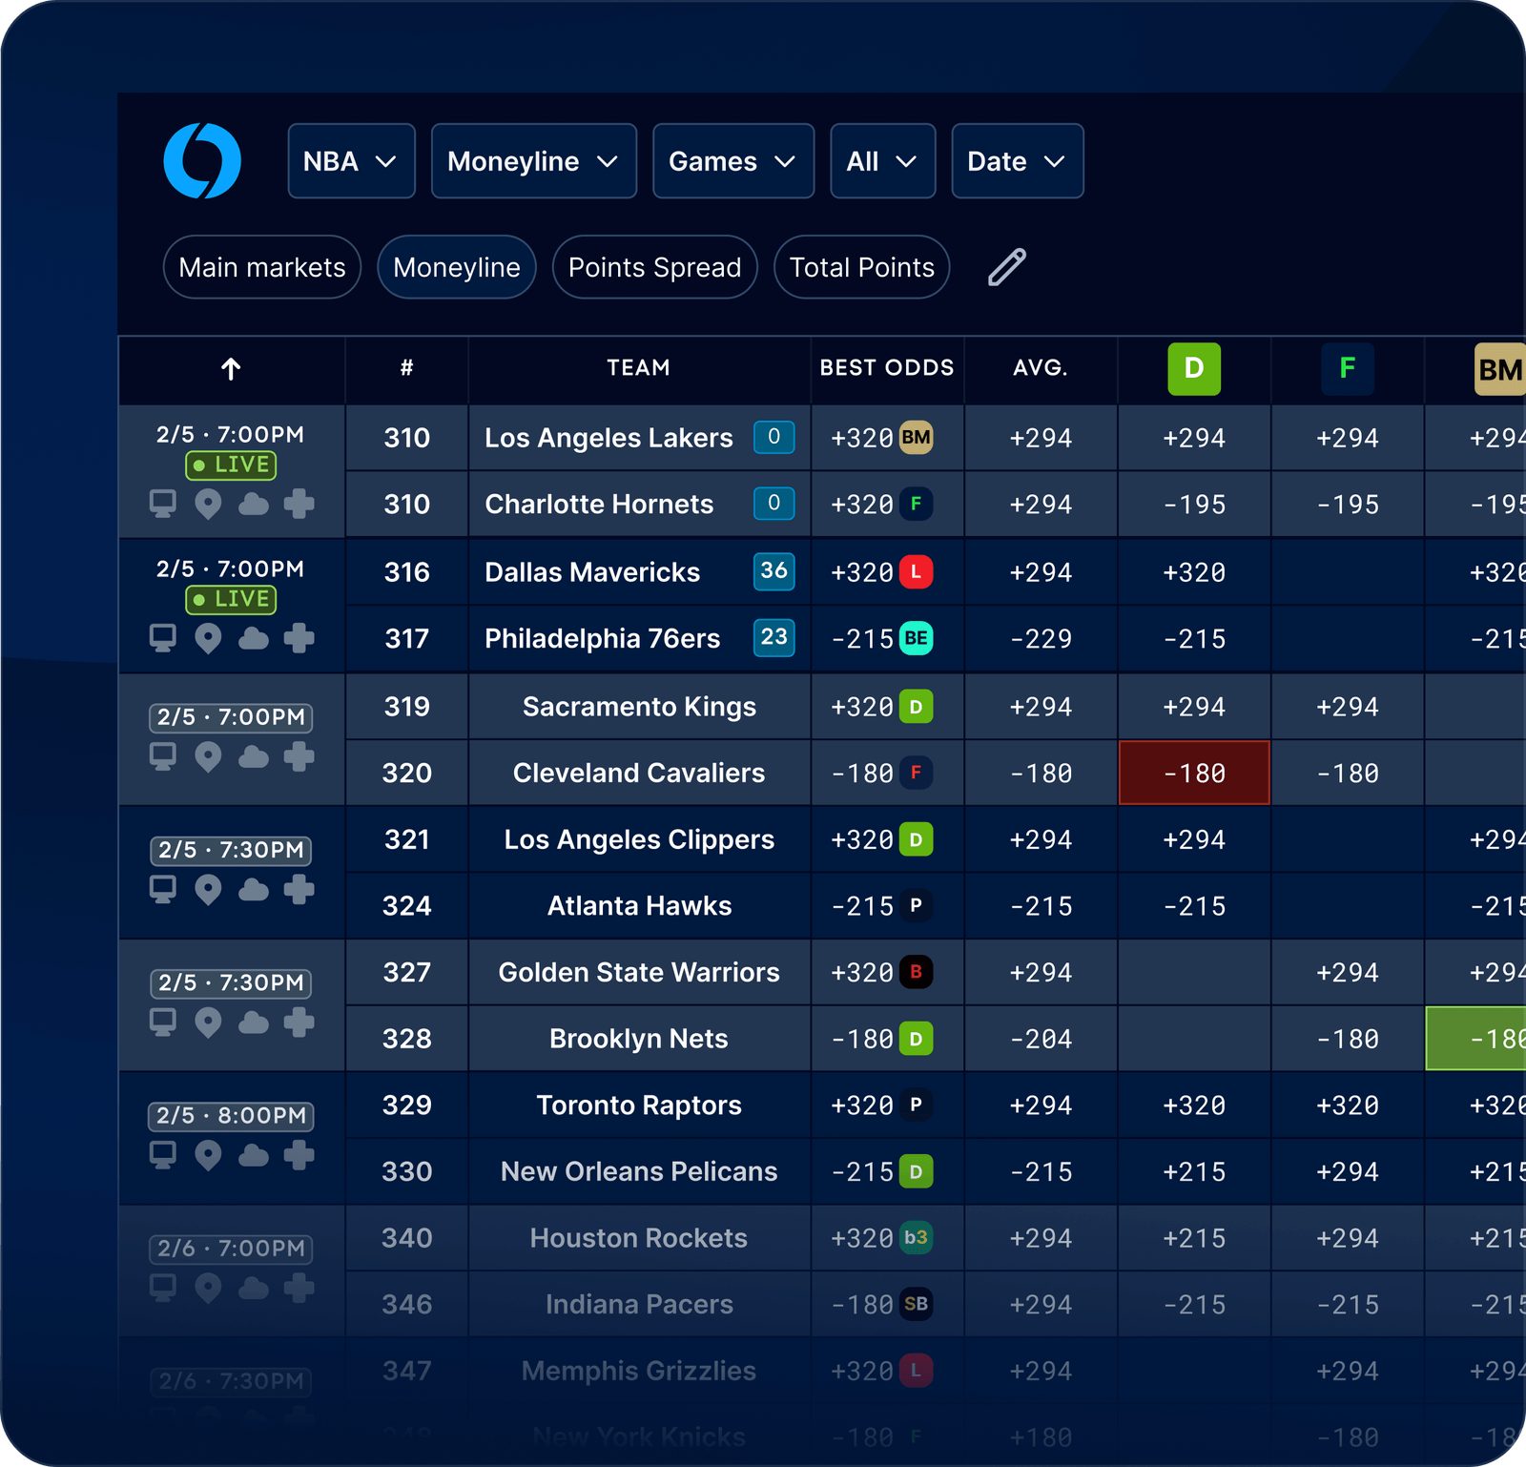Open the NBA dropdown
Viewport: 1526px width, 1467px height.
point(351,161)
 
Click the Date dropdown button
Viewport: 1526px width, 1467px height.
point(1017,161)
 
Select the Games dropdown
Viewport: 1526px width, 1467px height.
point(732,161)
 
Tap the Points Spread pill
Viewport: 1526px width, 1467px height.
point(654,267)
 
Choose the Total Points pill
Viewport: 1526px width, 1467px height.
point(861,267)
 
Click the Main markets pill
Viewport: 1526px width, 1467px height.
point(262,267)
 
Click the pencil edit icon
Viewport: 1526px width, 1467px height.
point(1006,267)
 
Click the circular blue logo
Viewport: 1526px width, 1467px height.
point(202,161)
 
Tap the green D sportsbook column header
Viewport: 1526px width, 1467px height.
point(1193,368)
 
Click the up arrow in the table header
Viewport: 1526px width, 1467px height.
point(231,368)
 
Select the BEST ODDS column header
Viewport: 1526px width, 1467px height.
point(886,368)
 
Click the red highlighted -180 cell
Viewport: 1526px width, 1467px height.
point(1193,773)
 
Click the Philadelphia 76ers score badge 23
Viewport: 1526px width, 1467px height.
point(773,637)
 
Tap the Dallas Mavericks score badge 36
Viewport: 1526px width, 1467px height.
point(773,571)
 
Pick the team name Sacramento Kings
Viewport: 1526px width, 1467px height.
point(639,707)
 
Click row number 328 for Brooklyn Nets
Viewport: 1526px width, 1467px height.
point(406,1039)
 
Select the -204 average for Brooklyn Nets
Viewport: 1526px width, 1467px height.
point(1041,1039)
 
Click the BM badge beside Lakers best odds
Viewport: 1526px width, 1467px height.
point(916,438)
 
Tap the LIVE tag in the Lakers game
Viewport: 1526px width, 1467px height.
point(231,465)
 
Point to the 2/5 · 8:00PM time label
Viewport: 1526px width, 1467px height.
point(231,1116)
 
